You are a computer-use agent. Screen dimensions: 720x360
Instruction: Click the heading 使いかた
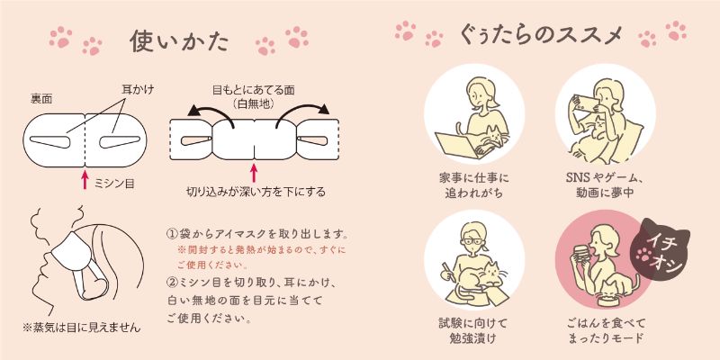click(x=178, y=41)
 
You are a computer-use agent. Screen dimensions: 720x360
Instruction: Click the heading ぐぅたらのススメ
click(x=541, y=35)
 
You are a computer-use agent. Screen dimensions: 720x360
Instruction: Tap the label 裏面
click(x=41, y=99)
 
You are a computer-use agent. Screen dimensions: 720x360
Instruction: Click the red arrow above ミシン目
click(x=85, y=179)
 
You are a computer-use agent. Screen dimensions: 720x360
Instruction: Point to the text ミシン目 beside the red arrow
click(x=114, y=184)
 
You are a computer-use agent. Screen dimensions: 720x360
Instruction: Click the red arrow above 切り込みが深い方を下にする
click(x=254, y=173)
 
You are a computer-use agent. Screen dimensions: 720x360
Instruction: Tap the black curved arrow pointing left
click(x=211, y=116)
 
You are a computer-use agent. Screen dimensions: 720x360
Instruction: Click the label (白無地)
click(x=254, y=103)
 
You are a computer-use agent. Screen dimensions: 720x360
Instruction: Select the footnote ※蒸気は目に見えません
click(x=82, y=328)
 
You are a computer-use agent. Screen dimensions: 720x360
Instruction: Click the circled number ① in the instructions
click(x=171, y=234)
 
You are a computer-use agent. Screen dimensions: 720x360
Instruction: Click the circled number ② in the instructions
click(x=171, y=281)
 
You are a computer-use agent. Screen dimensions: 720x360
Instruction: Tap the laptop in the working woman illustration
click(x=459, y=146)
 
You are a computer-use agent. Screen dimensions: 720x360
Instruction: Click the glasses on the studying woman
click(x=474, y=241)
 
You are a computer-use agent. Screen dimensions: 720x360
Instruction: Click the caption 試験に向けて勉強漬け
click(x=473, y=330)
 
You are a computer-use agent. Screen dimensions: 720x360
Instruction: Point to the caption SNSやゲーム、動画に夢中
click(x=605, y=185)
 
